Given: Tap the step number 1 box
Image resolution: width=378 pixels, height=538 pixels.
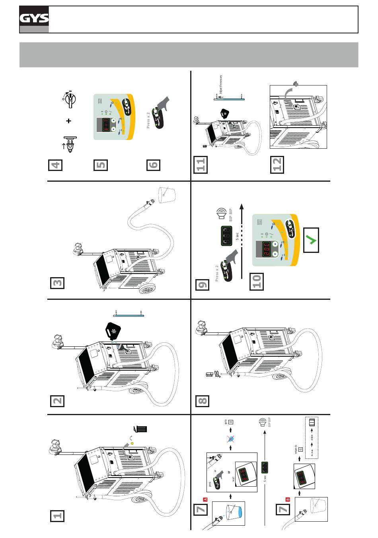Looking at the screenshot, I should click(x=57, y=515).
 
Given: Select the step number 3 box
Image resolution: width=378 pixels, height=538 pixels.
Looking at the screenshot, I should click(x=57, y=283).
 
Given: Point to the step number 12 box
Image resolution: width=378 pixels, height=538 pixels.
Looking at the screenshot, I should click(x=277, y=165).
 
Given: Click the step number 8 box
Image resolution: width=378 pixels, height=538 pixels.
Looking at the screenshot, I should click(x=202, y=400).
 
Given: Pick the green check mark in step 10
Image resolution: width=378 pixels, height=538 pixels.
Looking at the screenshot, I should click(x=311, y=240).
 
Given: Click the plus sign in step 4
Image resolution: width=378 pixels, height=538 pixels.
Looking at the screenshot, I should click(x=68, y=120).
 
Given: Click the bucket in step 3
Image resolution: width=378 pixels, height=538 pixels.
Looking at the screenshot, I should click(x=166, y=193).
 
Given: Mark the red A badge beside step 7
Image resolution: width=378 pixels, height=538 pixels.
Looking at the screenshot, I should click(x=206, y=499).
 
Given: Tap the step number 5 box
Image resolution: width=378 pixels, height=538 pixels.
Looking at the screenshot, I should click(x=101, y=165).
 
